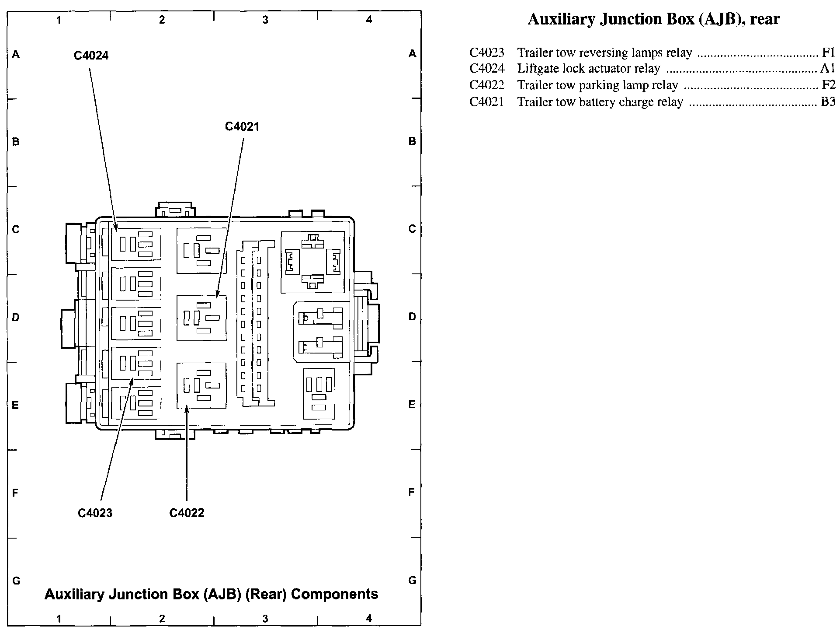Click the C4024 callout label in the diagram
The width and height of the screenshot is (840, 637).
point(91,56)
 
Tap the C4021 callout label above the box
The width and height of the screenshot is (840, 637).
point(242,127)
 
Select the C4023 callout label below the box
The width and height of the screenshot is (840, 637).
point(95,513)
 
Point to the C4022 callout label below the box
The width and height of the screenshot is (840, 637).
point(187,513)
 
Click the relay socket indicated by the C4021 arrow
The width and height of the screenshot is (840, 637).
point(201,318)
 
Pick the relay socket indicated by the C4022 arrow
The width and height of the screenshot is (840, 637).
point(201,385)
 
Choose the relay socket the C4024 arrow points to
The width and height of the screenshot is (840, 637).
point(136,244)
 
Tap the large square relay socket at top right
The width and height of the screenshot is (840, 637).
point(312,262)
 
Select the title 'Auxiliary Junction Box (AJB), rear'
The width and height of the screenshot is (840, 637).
point(654,19)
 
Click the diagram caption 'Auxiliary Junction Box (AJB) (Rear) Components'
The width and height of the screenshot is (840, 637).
point(211,594)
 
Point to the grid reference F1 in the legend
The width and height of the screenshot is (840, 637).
point(829,52)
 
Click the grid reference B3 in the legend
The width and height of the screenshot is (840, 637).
point(828,102)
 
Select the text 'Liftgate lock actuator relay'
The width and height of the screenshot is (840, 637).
point(588,69)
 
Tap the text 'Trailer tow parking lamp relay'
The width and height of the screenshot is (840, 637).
point(597,85)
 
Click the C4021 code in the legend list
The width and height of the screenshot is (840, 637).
point(486,102)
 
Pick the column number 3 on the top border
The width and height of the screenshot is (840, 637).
point(265,20)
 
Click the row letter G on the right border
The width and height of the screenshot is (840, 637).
point(412,581)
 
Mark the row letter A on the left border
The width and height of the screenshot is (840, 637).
point(16,54)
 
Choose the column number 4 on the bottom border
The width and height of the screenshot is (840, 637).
point(369,618)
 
